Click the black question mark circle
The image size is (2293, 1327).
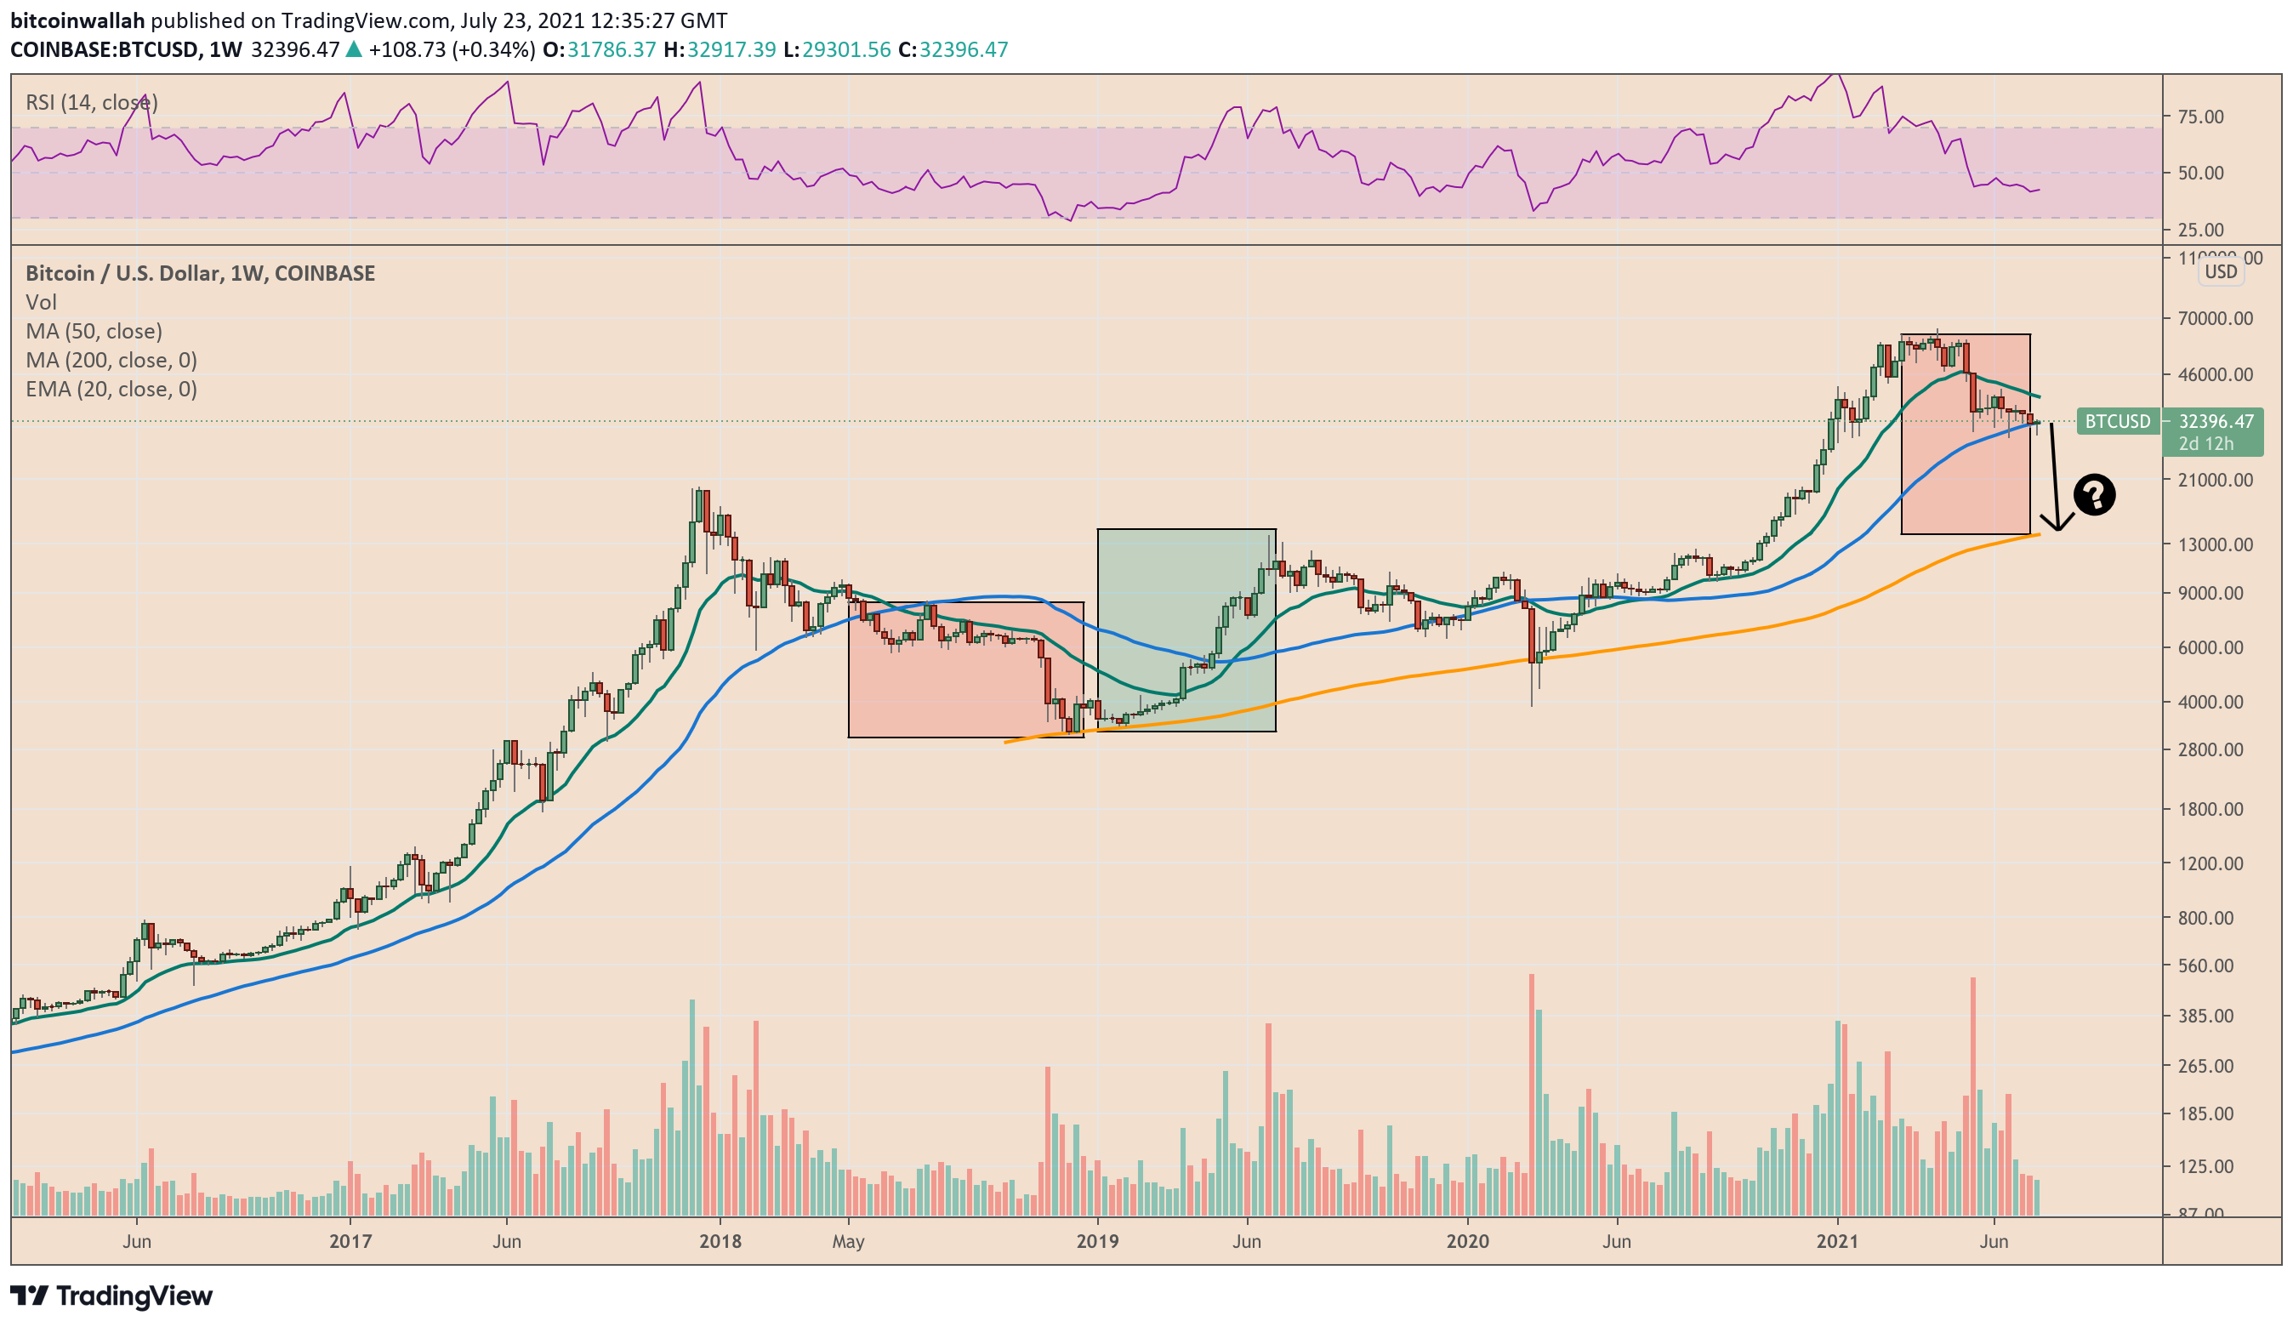pyautogui.click(x=2094, y=494)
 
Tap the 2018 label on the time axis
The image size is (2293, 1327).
pyautogui.click(x=720, y=1240)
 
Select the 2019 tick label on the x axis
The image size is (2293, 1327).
pyautogui.click(x=1096, y=1240)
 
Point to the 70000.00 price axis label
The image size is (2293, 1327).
pyautogui.click(x=2214, y=318)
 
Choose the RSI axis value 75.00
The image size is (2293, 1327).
pyautogui.click(x=2199, y=117)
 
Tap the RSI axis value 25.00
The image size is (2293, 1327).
pyautogui.click(x=2199, y=230)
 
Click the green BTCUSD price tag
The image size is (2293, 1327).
pyautogui.click(x=2118, y=421)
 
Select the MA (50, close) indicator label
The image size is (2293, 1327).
pyautogui.click(x=94, y=330)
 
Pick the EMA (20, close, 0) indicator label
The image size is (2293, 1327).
pyautogui.click(x=111, y=389)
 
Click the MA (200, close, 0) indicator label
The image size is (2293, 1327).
pyautogui.click(x=111, y=360)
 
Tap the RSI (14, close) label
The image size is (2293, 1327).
pyautogui.click(x=91, y=102)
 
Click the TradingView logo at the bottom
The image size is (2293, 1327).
pyautogui.click(x=111, y=1296)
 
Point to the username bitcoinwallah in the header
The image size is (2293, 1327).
pyautogui.click(x=77, y=20)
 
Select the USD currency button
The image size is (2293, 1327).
pyautogui.click(x=2220, y=271)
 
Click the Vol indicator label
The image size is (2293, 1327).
pyautogui.click(x=41, y=301)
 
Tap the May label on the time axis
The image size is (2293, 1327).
pyautogui.click(x=848, y=1240)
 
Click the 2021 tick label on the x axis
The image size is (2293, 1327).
pyautogui.click(x=1836, y=1240)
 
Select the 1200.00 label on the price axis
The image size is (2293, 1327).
pyautogui.click(x=2210, y=863)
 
